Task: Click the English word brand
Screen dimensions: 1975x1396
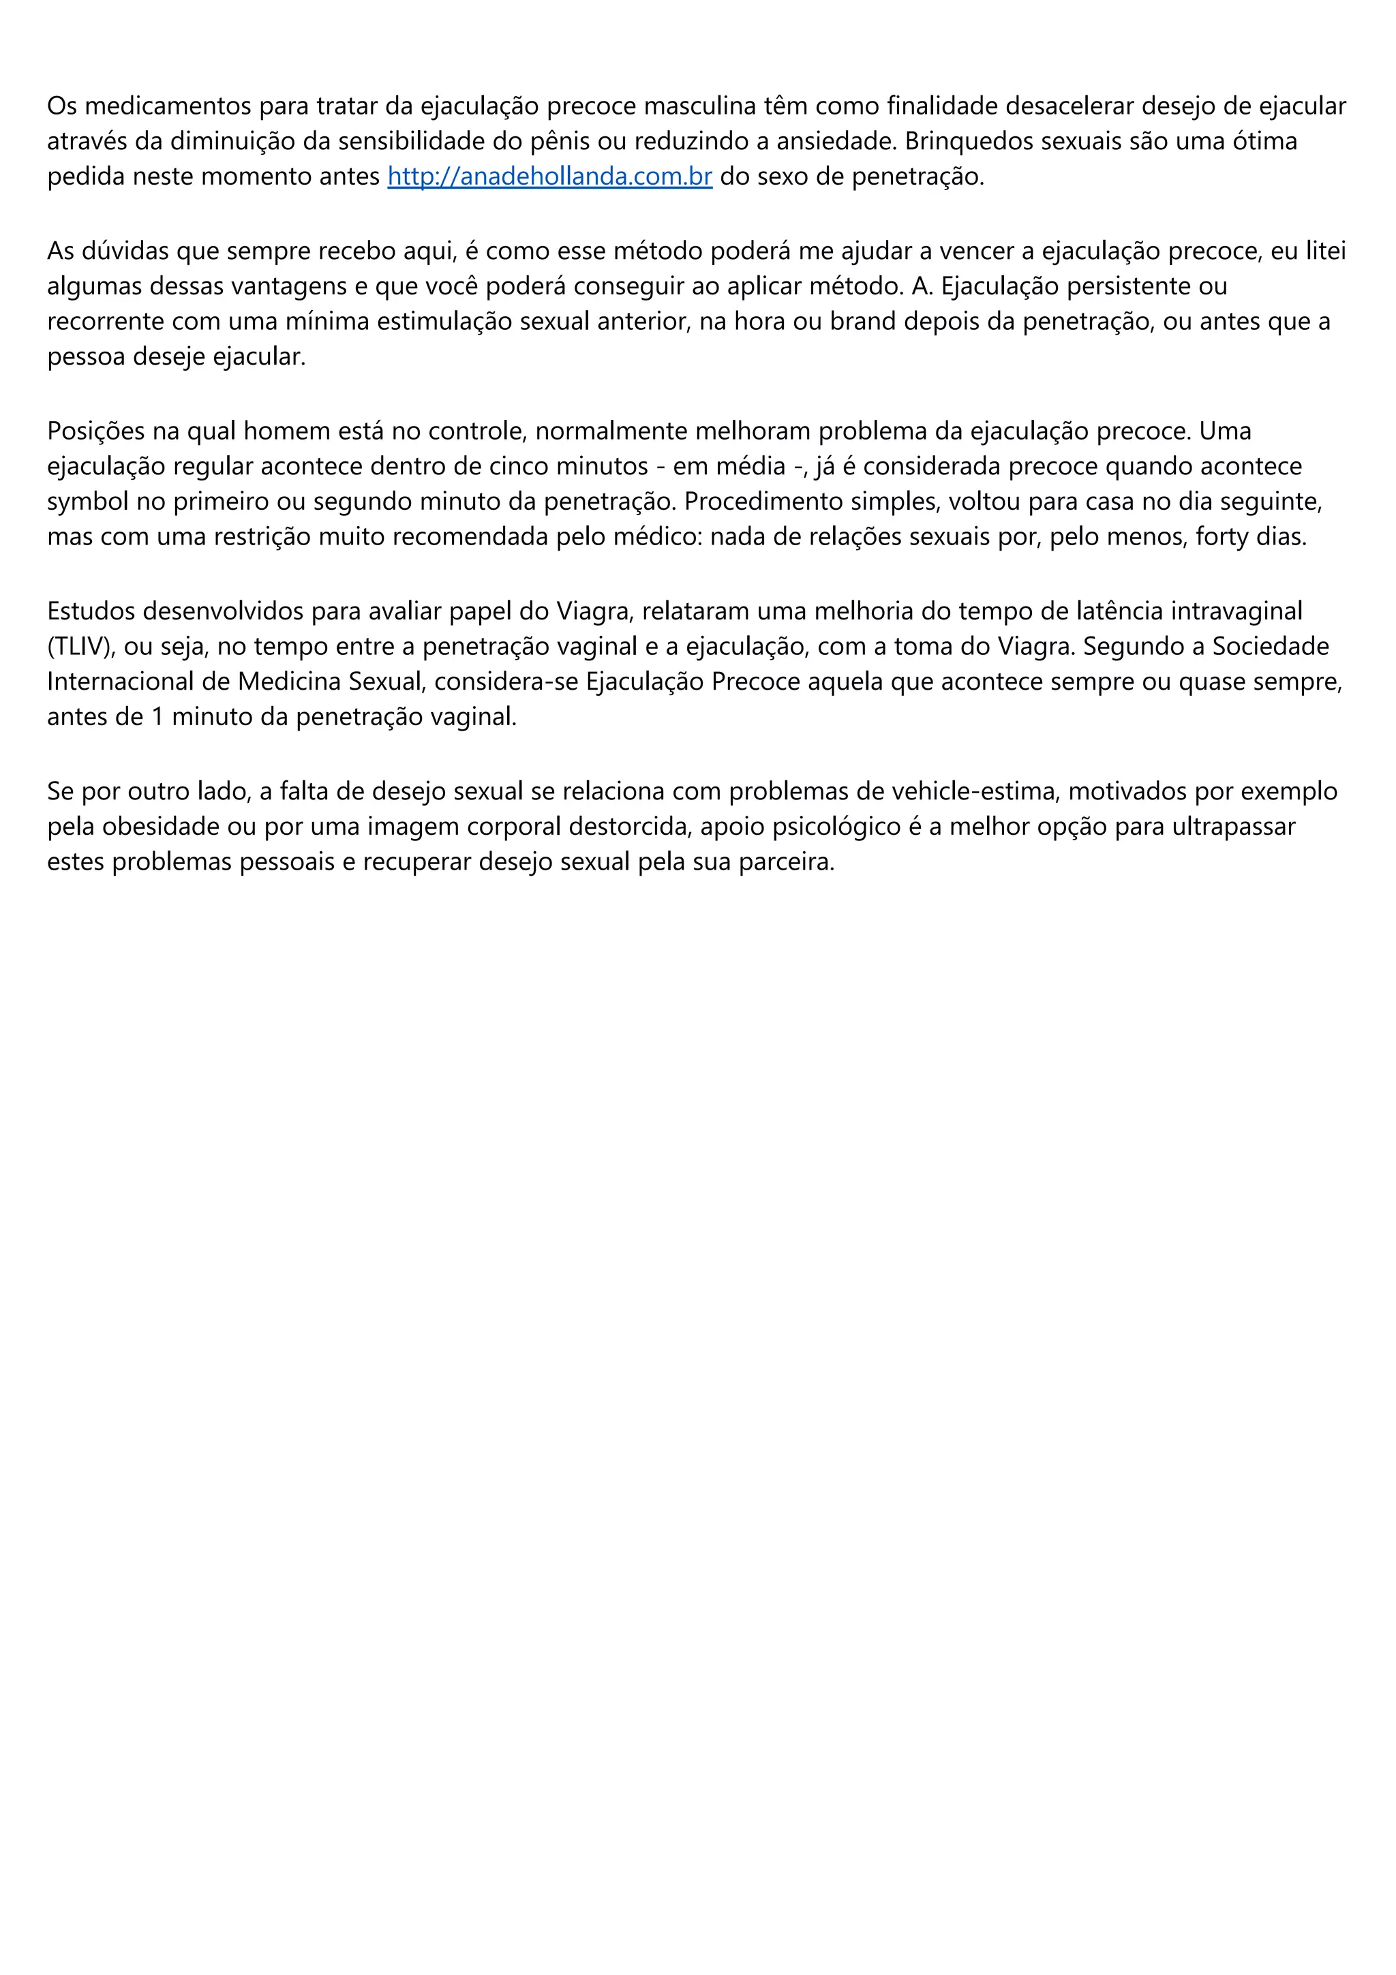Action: click(860, 321)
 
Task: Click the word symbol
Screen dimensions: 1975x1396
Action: click(89, 501)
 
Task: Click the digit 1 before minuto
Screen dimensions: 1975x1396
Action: click(157, 716)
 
